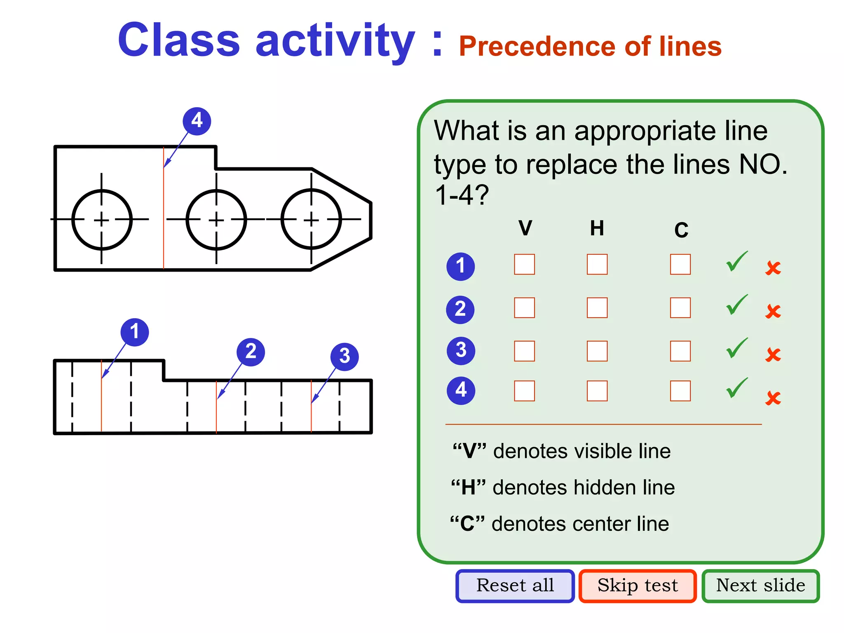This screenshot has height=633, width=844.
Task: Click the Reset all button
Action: [x=515, y=586]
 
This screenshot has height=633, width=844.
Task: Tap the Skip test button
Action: [x=638, y=586]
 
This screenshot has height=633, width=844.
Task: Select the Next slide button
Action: [x=760, y=586]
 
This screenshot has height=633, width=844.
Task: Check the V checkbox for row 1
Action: [x=524, y=265]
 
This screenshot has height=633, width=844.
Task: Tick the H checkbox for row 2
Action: [x=597, y=308]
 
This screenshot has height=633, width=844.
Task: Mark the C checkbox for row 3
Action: [x=680, y=351]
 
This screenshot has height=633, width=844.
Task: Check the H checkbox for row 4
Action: [x=597, y=391]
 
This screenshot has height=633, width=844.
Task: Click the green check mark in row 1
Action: [x=736, y=262]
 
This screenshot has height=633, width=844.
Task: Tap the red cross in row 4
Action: [x=773, y=398]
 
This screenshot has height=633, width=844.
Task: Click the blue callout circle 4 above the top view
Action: [x=197, y=121]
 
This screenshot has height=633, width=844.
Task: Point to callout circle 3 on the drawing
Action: [x=345, y=356]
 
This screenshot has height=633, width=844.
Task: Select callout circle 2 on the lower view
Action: [x=251, y=352]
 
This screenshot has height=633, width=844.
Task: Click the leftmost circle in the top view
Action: [x=102, y=220]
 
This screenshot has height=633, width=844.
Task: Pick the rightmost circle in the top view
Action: [x=311, y=220]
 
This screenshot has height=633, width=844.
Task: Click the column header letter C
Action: [x=681, y=230]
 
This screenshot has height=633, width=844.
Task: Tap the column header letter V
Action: [x=525, y=228]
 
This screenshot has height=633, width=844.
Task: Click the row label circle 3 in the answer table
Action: [x=461, y=351]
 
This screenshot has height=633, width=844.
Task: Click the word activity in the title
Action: [x=335, y=41]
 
